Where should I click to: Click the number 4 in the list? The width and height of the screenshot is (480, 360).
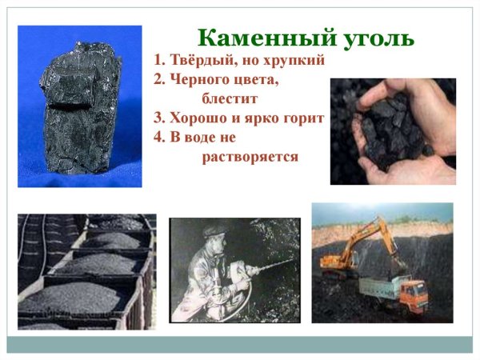pyautogui.click(x=158, y=137)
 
